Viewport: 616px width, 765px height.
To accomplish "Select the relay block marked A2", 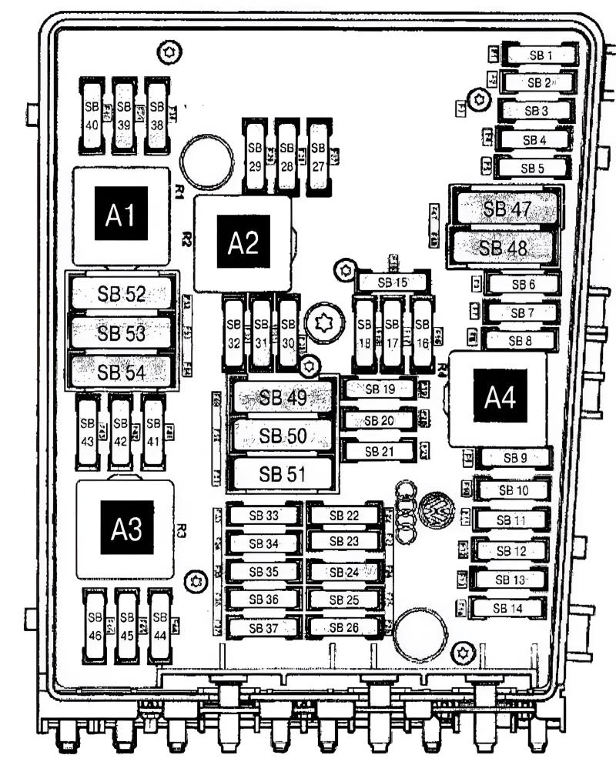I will [243, 243].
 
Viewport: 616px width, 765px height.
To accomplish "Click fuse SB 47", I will [506, 209].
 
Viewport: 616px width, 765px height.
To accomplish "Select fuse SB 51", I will [281, 473].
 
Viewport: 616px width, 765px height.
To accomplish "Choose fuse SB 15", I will [392, 282].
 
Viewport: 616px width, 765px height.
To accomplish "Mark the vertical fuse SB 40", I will [92, 113].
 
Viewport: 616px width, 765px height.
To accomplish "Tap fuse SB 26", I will [343, 626].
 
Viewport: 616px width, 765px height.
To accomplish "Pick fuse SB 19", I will [379, 389].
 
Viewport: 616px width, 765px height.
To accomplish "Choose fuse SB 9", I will [514, 458].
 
